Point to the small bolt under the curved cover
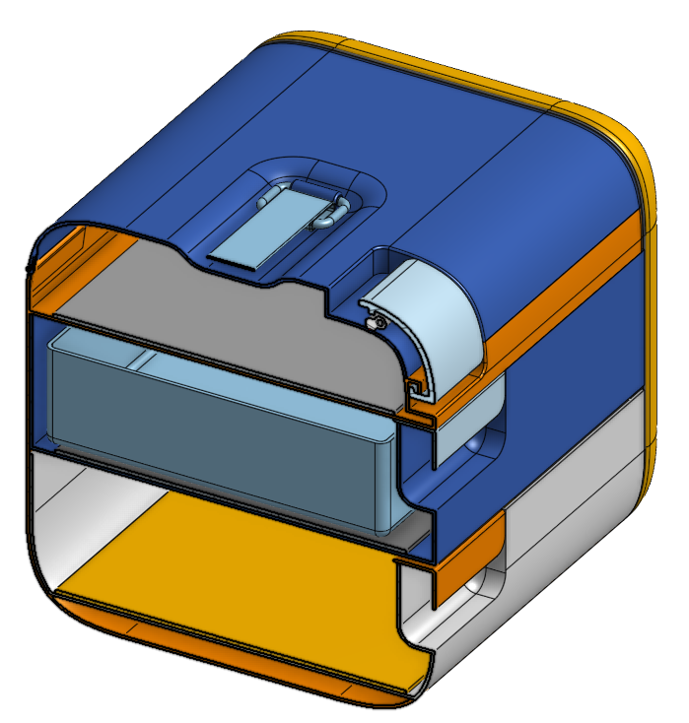click(x=372, y=322)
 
